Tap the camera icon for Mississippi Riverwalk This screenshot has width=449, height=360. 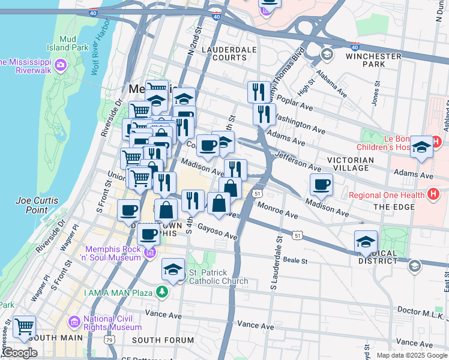point(60,64)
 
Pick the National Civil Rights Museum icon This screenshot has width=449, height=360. point(74,323)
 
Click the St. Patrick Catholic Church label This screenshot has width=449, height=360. point(218,277)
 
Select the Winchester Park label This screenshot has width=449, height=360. point(373,60)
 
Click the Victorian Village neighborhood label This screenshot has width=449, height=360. point(351,164)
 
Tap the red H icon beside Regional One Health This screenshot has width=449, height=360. point(432,194)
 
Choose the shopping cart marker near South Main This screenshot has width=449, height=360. point(24,327)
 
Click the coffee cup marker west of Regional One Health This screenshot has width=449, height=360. point(322,185)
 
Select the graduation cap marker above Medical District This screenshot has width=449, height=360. point(366,242)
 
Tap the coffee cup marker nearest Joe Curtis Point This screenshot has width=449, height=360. point(128,211)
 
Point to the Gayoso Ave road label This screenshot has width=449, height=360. point(217,232)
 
